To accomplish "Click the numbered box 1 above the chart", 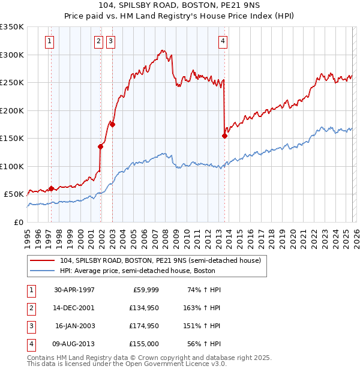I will click(x=49, y=41).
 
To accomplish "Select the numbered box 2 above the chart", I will click(x=98, y=41).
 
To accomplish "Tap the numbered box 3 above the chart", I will click(x=111, y=41).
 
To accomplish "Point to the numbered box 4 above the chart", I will click(x=223, y=41).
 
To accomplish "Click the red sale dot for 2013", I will click(x=224, y=136).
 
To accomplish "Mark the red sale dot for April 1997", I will click(x=51, y=188).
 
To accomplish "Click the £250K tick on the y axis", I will click(x=13, y=82).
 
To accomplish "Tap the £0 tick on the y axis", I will click(x=18, y=222).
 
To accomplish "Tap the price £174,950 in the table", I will click(x=142, y=326).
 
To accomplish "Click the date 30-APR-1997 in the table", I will click(x=74, y=290).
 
